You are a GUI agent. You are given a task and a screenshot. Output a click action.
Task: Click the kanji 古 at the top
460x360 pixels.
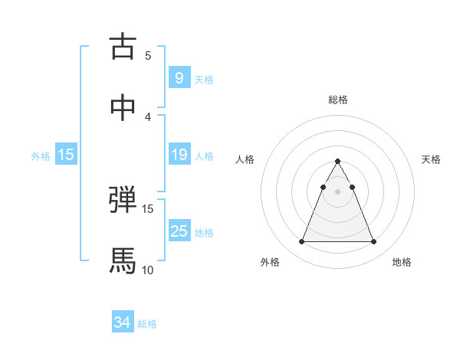123,47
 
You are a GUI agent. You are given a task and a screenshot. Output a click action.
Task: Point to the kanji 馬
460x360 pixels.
123,260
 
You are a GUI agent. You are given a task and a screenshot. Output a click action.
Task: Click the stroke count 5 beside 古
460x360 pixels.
148,56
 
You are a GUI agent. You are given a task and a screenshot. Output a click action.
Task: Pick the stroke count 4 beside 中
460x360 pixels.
148,116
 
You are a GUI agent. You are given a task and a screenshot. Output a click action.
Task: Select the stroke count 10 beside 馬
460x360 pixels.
148,270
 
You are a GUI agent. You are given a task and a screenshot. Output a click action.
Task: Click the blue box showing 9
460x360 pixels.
179,78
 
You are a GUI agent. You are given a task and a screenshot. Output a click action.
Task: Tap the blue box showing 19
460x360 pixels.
179,155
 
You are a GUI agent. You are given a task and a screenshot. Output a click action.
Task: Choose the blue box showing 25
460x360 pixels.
179,231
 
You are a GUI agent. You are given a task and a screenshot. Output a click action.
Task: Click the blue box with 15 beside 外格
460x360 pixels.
66,155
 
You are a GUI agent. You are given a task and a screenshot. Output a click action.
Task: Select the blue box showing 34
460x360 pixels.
122,323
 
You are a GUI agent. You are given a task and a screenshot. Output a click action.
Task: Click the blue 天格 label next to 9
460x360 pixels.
204,80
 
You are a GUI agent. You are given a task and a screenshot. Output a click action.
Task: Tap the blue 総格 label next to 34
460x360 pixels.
147,325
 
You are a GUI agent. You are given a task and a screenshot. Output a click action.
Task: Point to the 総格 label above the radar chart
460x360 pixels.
338,100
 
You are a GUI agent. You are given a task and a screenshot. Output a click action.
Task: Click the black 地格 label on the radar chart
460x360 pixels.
402,263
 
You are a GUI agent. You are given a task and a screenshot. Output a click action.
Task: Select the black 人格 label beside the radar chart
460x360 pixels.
245,159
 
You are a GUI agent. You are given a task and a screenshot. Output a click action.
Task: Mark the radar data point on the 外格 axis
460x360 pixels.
301,242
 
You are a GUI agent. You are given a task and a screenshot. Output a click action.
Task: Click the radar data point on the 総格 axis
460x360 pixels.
337,162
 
